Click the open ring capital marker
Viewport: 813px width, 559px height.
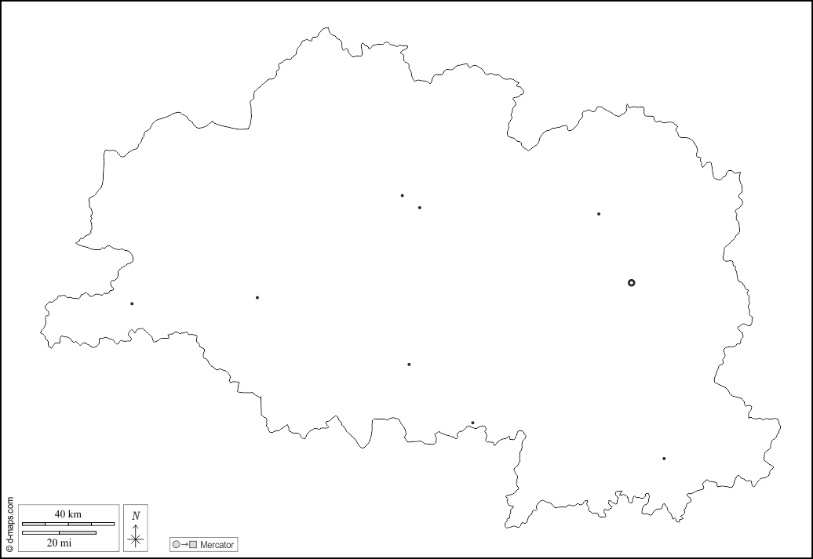631,282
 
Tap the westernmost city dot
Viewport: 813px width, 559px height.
132,303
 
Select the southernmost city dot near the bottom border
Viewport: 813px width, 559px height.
664,459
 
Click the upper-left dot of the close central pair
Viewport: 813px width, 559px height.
403,195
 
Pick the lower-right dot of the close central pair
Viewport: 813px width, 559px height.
420,208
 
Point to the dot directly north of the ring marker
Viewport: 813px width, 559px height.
599,213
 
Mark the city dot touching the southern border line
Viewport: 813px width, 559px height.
472,423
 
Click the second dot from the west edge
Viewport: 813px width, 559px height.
257,297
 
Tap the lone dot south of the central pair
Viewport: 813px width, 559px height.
409,364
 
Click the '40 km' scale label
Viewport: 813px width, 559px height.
68,514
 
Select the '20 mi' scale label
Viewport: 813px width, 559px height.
59,543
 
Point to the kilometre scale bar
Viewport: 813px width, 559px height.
68,524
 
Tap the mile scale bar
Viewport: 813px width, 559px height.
59,532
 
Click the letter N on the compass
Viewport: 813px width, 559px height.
136,515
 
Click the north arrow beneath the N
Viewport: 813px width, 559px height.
136,534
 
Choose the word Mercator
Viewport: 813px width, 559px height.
216,545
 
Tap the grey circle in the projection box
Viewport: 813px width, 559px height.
177,545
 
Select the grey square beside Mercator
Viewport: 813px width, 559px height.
193,545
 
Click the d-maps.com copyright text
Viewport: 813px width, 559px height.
9,524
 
